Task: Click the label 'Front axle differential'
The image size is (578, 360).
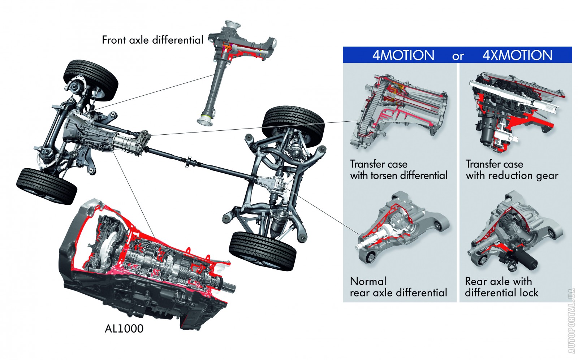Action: (152, 40)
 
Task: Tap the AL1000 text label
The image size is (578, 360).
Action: (124, 329)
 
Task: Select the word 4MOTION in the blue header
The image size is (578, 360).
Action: (403, 55)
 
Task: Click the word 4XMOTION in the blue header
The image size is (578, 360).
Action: (517, 55)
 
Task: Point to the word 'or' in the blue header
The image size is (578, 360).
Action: (458, 56)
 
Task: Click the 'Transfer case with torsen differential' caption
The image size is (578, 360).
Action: (398, 170)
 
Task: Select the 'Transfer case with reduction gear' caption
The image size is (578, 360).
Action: (512, 170)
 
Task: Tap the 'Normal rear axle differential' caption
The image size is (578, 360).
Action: (398, 287)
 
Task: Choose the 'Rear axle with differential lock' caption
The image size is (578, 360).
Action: (501, 287)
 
